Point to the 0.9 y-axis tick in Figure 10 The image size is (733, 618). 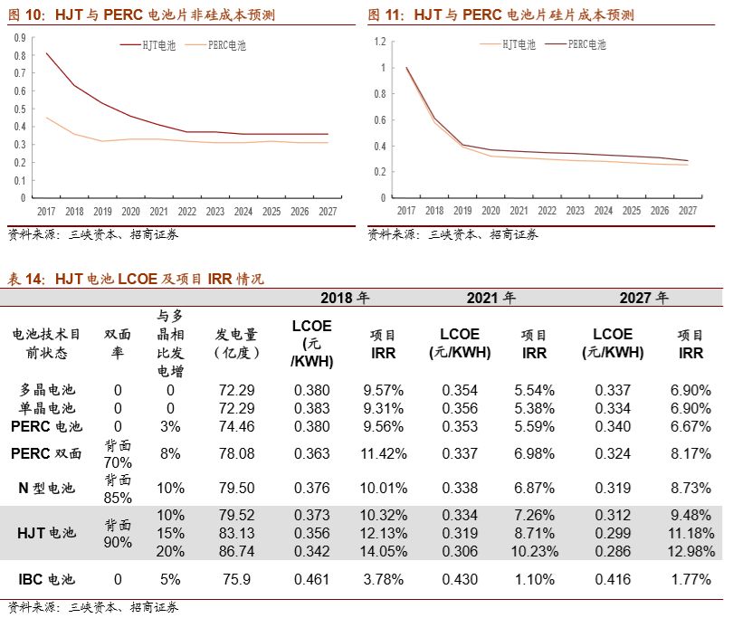(20, 38)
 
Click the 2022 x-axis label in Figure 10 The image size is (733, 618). (187, 211)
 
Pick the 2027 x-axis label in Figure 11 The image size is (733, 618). (688, 211)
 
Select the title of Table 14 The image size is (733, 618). (136, 280)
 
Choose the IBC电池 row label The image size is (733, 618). (46, 579)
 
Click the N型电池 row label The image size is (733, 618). (46, 489)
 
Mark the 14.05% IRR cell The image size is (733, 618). (384, 549)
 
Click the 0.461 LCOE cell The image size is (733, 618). (312, 579)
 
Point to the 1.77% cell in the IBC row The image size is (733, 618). (692, 579)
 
